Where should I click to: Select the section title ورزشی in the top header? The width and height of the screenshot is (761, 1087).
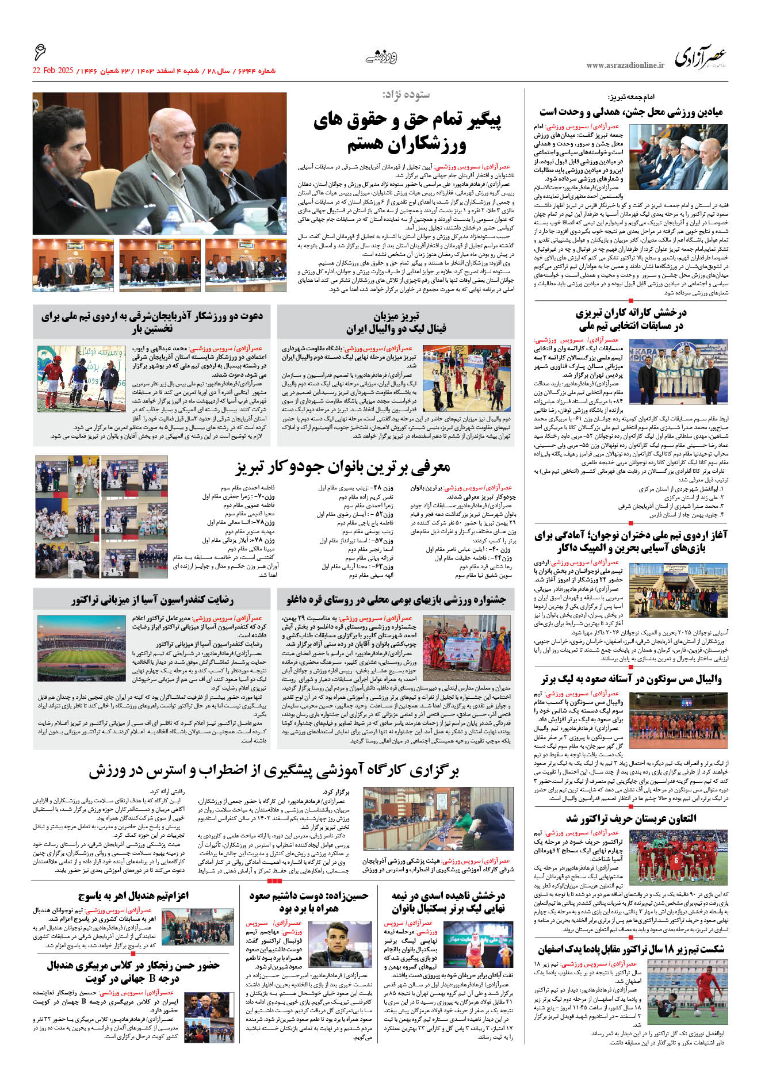[381, 57]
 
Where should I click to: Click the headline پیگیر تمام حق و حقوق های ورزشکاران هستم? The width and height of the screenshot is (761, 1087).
[407, 131]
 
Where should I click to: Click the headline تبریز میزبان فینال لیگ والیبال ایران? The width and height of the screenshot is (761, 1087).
[396, 323]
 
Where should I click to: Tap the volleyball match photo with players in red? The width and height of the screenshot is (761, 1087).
[466, 377]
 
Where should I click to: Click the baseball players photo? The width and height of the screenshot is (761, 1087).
[81, 378]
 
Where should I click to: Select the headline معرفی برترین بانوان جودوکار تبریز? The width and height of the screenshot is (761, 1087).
[342, 466]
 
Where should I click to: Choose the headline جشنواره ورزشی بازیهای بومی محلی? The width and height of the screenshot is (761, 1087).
[396, 600]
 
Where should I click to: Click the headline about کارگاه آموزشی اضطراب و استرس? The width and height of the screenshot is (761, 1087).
[273, 771]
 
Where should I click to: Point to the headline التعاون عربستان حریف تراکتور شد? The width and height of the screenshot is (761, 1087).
[630, 818]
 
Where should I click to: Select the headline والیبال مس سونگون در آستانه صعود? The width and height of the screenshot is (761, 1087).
[630, 679]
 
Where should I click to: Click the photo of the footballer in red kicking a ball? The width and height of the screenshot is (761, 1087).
[698, 994]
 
